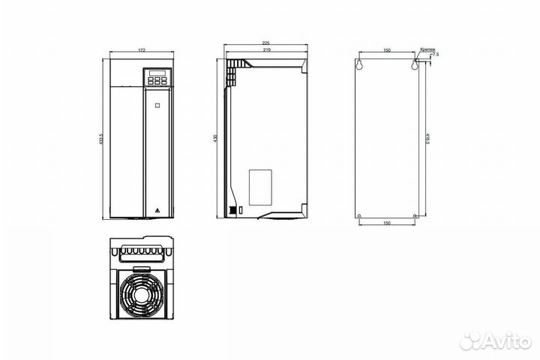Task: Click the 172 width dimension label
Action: click(141, 49)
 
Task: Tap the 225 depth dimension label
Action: click(265, 43)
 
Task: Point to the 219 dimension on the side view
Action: click(265, 50)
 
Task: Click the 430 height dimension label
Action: click(216, 139)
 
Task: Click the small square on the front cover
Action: click(157, 106)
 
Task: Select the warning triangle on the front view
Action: click(157, 210)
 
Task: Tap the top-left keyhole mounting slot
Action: click(361, 64)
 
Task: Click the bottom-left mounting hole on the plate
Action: click(361, 217)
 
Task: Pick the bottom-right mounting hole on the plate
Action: click(413, 217)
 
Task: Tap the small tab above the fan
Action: click(141, 268)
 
